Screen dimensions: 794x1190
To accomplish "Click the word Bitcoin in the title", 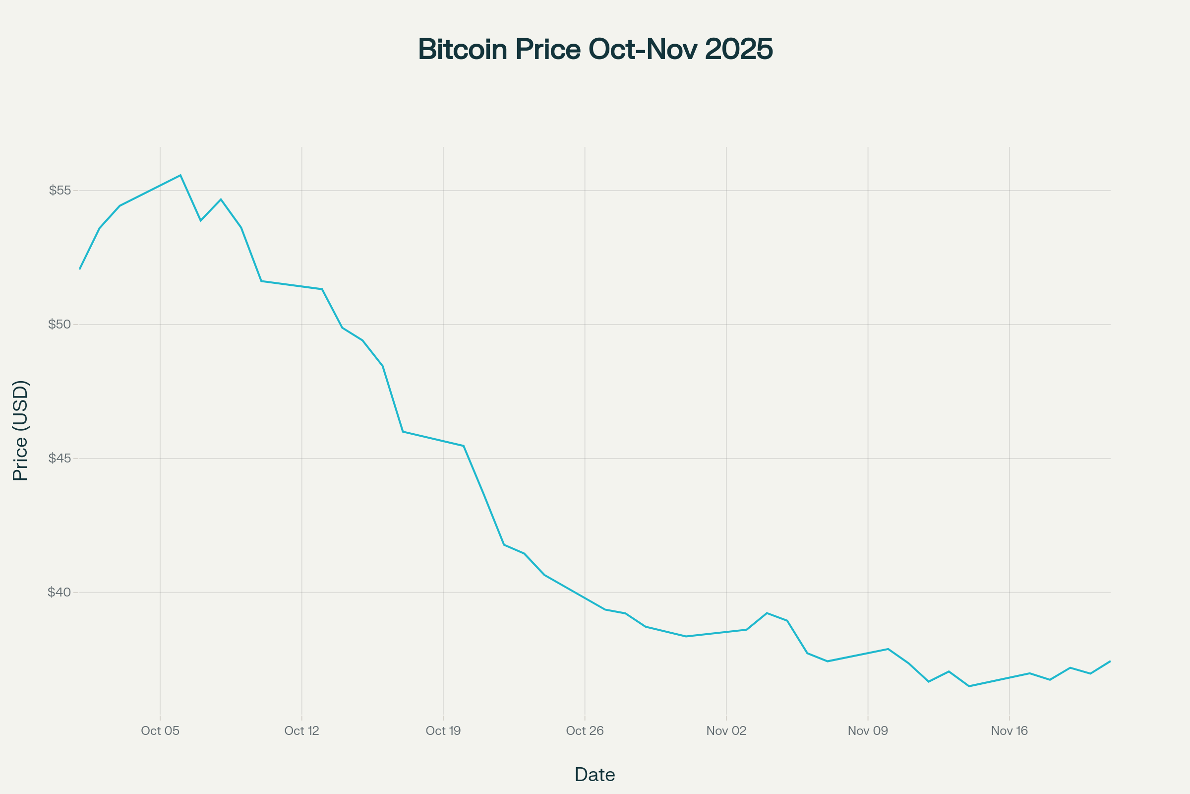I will click(x=463, y=50).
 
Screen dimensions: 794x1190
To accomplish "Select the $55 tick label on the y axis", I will click(x=59, y=191).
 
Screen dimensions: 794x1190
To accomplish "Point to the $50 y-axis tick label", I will click(x=59, y=324).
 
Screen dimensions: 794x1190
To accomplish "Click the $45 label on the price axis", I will click(x=59, y=458).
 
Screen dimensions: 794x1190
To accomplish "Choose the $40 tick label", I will click(x=59, y=592).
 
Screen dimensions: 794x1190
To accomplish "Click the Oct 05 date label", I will click(x=160, y=730).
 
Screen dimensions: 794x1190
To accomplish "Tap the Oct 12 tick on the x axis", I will click(x=301, y=730).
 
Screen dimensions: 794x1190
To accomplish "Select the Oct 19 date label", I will click(x=443, y=730).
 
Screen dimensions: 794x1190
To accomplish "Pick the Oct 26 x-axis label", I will click(x=585, y=730).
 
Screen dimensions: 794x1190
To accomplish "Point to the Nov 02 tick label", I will click(x=726, y=730).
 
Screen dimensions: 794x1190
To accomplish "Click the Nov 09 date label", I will click(x=868, y=730).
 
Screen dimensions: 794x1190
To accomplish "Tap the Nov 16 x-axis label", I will click(x=1010, y=730).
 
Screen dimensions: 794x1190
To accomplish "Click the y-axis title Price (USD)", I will click(x=20, y=430).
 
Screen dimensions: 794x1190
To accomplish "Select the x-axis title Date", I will click(x=595, y=774).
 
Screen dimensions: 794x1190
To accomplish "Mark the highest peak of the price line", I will click(x=180, y=175).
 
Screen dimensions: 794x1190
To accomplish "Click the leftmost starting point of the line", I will click(x=80, y=268).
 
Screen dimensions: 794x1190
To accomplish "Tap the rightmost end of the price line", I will click(x=1110, y=662).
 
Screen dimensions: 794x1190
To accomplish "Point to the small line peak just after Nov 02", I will click(x=767, y=613).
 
